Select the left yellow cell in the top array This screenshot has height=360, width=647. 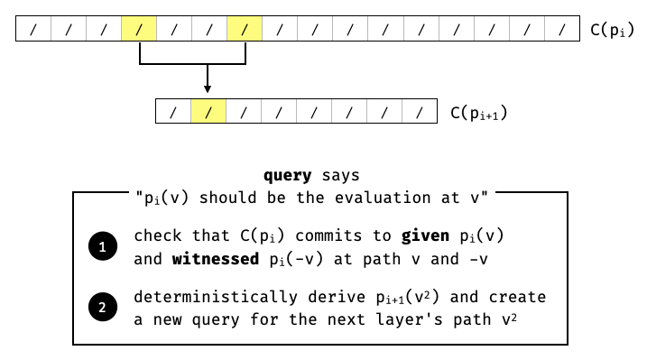point(139,30)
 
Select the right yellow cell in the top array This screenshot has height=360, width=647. point(245,30)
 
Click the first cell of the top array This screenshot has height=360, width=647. point(33,30)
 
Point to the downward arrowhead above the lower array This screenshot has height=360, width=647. point(208,88)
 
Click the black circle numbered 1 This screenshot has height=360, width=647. point(102,246)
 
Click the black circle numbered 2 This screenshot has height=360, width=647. point(102,308)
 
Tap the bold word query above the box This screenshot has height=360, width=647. point(287,175)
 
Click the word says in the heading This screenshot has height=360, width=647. point(340,175)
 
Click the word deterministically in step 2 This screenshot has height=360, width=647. point(199,298)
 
